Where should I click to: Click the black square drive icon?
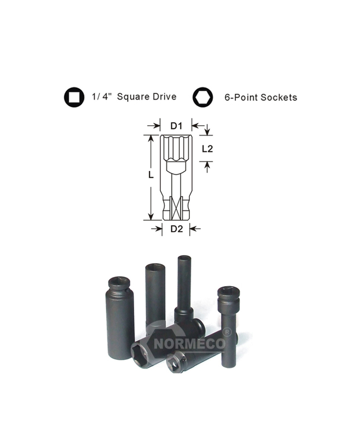[x=74, y=97]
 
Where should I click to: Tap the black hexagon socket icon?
[x=202, y=98]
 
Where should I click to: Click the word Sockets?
[x=279, y=98]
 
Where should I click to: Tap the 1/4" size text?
[x=102, y=96]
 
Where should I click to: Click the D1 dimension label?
[x=176, y=126]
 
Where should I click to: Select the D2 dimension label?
[x=177, y=229]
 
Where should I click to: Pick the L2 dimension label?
[x=207, y=149]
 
